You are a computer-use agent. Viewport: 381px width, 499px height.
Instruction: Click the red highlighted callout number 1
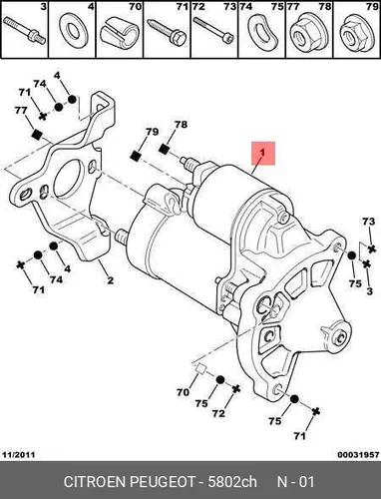point(263,153)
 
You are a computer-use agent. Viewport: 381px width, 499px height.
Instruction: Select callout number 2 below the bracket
point(110,280)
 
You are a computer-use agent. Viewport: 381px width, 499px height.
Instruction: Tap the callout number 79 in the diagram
point(152,132)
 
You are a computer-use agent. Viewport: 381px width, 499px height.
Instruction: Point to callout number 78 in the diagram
point(181,125)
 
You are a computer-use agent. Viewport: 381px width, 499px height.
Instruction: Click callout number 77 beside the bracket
point(21,110)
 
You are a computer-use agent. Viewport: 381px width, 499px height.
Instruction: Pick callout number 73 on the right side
point(368,222)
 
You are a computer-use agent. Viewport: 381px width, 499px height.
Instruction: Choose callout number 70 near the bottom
point(183,392)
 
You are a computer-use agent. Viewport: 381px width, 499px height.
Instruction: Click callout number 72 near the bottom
point(218,413)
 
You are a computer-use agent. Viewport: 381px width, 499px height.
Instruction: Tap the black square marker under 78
point(164,150)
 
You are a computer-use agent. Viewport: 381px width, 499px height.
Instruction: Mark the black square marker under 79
point(135,156)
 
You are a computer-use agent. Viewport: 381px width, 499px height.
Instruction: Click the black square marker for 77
point(36,134)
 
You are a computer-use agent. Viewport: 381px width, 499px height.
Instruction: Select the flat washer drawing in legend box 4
point(72,31)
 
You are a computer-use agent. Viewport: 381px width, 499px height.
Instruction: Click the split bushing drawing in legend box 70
point(120,33)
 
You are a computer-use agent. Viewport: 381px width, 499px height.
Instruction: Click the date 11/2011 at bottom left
point(19,454)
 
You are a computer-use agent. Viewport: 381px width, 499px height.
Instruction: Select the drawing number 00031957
point(358,454)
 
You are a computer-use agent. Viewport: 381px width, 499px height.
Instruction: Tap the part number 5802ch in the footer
point(232,482)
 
